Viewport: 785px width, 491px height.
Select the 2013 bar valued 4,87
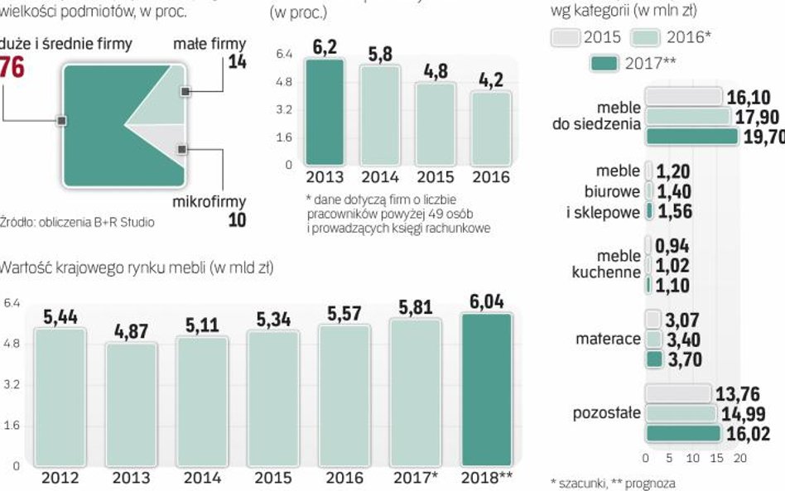[131, 403]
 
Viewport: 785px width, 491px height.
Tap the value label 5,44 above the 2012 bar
[60, 318]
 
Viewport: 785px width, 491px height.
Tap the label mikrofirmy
[209, 202]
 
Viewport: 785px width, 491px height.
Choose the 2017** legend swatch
[604, 63]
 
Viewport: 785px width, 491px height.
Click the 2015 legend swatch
[565, 37]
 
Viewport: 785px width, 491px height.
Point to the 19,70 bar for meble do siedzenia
[691, 137]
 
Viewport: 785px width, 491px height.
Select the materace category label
[608, 339]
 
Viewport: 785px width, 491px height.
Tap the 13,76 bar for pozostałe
[677, 394]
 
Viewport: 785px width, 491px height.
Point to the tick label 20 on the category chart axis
[741, 458]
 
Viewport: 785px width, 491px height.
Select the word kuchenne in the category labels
[606, 272]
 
